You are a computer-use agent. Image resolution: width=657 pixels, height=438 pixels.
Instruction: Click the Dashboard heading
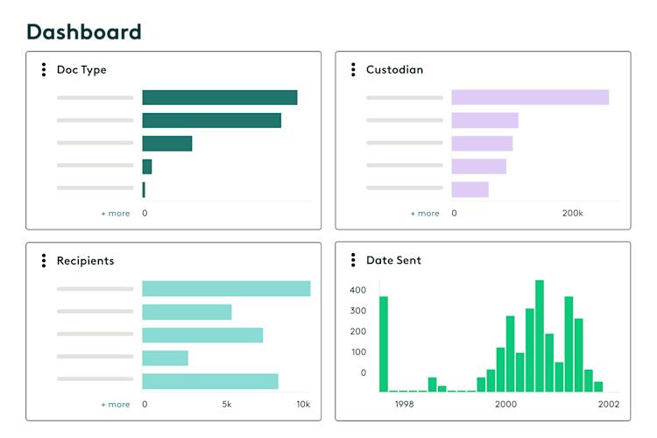tap(83, 32)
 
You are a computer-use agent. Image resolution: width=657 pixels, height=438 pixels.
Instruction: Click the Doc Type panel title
tap(81, 69)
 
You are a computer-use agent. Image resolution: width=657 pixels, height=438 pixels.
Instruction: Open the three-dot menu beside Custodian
tap(353, 69)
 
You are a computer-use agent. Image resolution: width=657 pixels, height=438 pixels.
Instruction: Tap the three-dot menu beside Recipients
tap(44, 260)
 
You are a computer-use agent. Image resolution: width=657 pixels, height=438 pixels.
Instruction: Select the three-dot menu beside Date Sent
tap(353, 260)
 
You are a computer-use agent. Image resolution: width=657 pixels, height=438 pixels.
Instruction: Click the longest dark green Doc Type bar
tap(219, 97)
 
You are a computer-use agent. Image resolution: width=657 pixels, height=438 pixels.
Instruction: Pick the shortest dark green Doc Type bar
tap(144, 189)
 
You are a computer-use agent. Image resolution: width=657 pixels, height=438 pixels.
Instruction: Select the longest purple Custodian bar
tap(530, 97)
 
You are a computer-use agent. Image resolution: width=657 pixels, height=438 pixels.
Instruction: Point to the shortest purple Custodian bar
tap(470, 189)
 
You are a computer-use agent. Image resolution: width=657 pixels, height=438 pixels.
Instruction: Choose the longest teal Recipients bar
tap(226, 288)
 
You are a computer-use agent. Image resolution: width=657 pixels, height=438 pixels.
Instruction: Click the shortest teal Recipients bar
tap(165, 357)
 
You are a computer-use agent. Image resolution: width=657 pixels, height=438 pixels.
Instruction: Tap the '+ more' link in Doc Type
tap(115, 213)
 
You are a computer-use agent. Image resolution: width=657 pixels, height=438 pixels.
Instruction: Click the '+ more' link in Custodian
tap(425, 213)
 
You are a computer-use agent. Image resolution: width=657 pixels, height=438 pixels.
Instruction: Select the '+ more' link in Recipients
tap(115, 404)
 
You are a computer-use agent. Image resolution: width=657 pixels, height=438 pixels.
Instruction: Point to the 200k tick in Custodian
tap(572, 213)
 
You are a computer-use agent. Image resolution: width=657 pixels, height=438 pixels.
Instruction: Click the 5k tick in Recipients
tap(226, 404)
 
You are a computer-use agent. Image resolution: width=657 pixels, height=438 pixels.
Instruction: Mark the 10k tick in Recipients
tap(302, 404)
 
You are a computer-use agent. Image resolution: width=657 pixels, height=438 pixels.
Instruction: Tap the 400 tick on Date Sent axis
tap(357, 289)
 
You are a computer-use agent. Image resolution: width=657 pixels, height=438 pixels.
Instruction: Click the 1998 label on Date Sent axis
tap(404, 404)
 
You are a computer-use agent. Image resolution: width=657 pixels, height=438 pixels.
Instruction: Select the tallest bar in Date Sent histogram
tap(540, 336)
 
